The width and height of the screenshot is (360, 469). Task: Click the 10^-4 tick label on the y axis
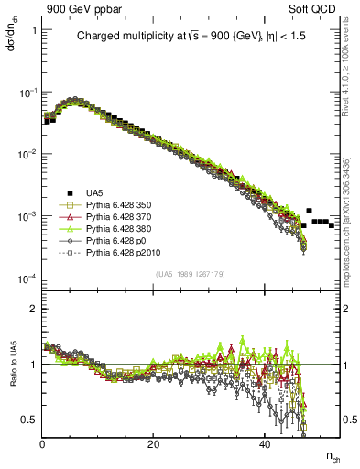(27, 278)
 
